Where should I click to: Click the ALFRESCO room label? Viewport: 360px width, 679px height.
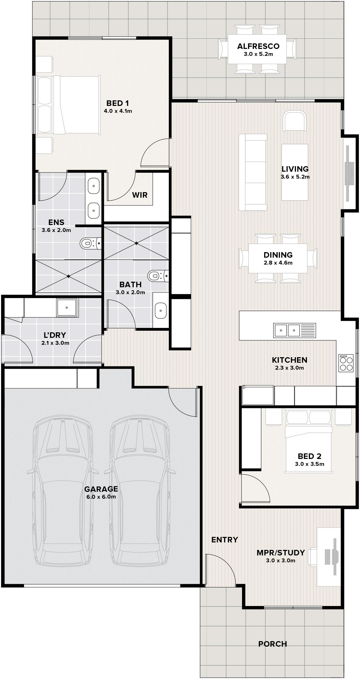(x=258, y=46)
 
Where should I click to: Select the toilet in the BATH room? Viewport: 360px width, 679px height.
(x=158, y=275)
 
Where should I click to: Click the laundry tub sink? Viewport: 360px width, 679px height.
(x=67, y=307)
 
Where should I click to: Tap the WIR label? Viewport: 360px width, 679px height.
(x=140, y=195)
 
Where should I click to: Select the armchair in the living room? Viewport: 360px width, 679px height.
(x=295, y=121)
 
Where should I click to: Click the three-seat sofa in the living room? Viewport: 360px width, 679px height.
(x=253, y=173)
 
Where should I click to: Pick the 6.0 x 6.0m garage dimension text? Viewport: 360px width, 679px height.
(x=101, y=497)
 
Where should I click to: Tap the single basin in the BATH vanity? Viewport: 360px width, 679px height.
(x=161, y=310)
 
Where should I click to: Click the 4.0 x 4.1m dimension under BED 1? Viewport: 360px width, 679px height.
(x=118, y=111)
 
